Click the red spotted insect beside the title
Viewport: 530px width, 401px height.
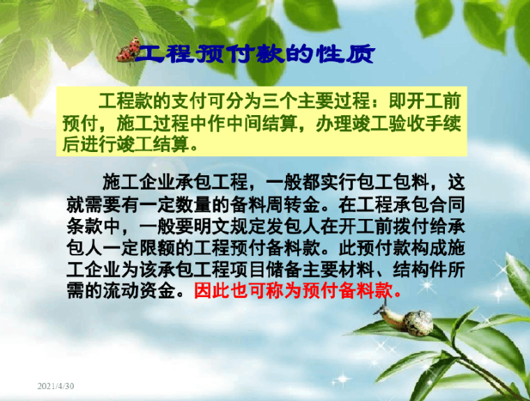(128, 51)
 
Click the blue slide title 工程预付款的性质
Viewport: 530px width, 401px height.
(255, 53)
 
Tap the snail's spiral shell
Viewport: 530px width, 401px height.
(418, 323)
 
